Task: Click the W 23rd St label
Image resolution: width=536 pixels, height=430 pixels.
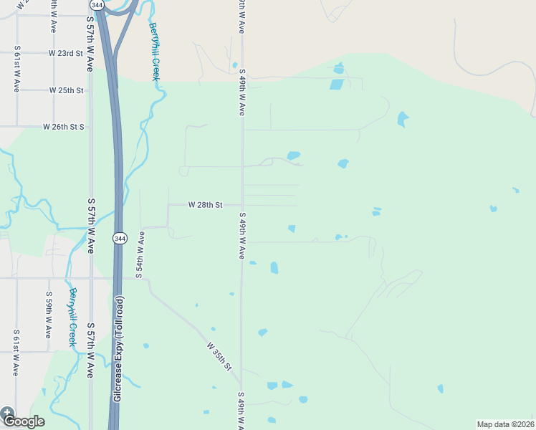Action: click(x=67, y=53)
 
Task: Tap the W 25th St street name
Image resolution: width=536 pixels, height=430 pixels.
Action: click(x=67, y=90)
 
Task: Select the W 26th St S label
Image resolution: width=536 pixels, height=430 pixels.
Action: click(x=64, y=127)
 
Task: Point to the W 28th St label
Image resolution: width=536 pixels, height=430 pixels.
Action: click(x=205, y=205)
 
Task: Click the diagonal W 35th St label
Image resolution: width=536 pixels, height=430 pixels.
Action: click(x=220, y=356)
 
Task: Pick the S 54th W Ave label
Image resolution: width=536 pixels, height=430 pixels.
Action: click(x=140, y=254)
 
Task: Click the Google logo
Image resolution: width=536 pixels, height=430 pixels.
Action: click(x=23, y=421)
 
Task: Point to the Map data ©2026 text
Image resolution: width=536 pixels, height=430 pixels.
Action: click(x=506, y=424)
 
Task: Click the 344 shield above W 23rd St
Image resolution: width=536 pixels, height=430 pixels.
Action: click(x=97, y=5)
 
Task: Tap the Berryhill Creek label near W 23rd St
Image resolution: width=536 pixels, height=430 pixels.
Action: click(x=155, y=51)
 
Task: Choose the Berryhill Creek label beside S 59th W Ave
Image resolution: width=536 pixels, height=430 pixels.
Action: click(x=72, y=317)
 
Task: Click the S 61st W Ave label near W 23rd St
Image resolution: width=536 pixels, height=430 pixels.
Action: click(x=16, y=70)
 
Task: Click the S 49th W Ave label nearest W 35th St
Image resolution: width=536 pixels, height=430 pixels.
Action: click(x=241, y=410)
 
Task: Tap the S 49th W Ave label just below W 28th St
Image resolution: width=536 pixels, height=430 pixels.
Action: click(x=242, y=236)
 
